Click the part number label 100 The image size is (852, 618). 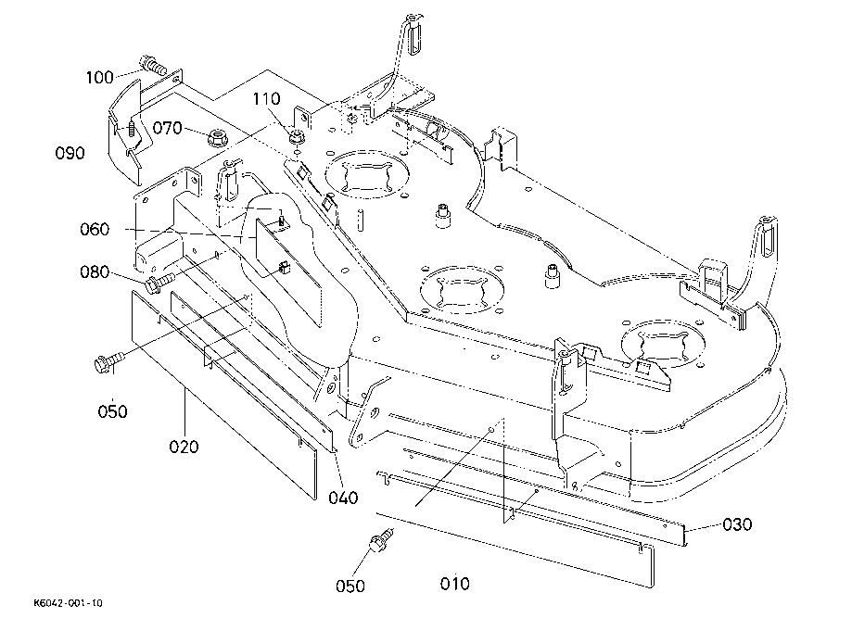click(x=99, y=78)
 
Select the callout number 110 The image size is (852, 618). click(x=266, y=99)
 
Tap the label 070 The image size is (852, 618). click(x=167, y=128)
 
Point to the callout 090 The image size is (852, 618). click(x=70, y=153)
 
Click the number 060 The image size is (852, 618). click(x=95, y=229)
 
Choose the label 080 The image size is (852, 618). click(x=95, y=272)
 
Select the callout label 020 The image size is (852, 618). click(x=184, y=447)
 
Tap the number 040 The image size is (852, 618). click(x=343, y=498)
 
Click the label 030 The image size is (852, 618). click(x=737, y=524)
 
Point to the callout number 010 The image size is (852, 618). click(x=455, y=584)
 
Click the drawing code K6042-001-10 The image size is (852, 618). click(x=68, y=603)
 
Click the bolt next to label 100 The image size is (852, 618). click(x=153, y=65)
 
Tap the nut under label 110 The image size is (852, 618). click(x=295, y=137)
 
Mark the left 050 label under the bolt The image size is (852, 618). click(x=112, y=411)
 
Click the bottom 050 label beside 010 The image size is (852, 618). click(x=350, y=586)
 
